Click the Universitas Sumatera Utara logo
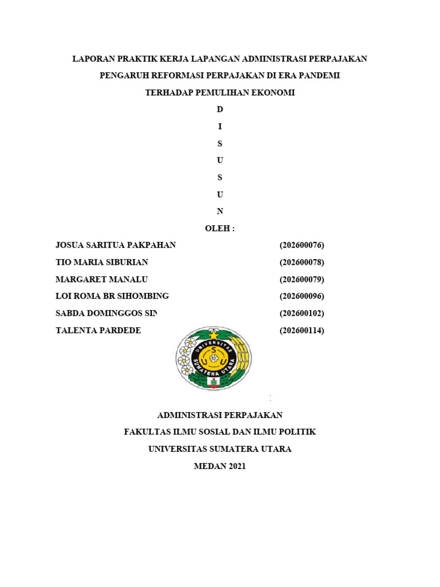pyautogui.click(x=213, y=358)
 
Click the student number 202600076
pyautogui.click(x=302, y=245)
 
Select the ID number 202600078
pyautogui.click(x=302, y=263)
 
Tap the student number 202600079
pyautogui.click(x=302, y=280)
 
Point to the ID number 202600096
pyautogui.click(x=302, y=296)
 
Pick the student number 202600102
pyautogui.click(x=302, y=314)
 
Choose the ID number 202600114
pyautogui.click(x=302, y=330)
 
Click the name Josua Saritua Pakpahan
pyautogui.click(x=115, y=245)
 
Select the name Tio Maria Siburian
pyautogui.click(x=101, y=263)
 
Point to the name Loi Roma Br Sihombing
pyautogui.click(x=112, y=296)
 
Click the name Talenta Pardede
pyautogui.click(x=98, y=330)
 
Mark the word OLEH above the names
pyautogui.click(x=218, y=229)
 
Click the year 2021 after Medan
pyautogui.click(x=237, y=467)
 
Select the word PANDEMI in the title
pyautogui.click(x=321, y=76)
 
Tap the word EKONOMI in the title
pyautogui.click(x=273, y=92)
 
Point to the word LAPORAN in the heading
pyautogui.click(x=92, y=58)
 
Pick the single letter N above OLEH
pyautogui.click(x=219, y=212)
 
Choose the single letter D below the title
pyautogui.click(x=219, y=109)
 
